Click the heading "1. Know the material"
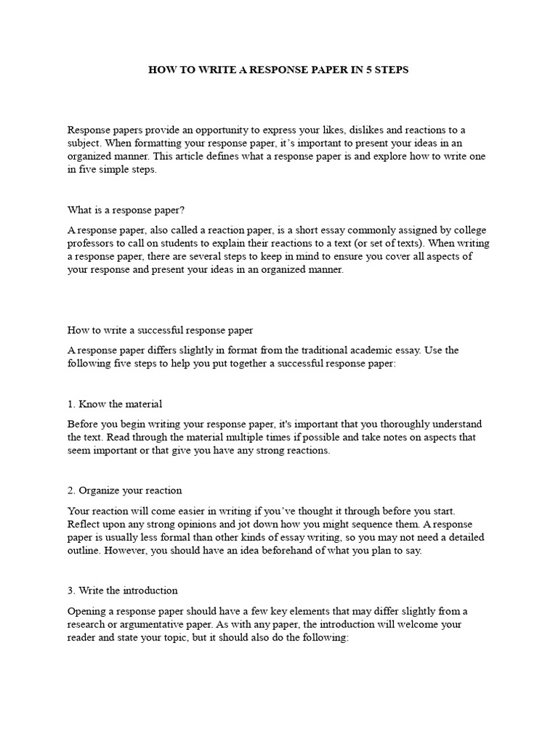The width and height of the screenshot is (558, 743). coord(115,404)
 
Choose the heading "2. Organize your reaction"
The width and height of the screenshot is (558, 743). coord(125,490)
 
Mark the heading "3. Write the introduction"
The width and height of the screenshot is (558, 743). coord(123,591)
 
